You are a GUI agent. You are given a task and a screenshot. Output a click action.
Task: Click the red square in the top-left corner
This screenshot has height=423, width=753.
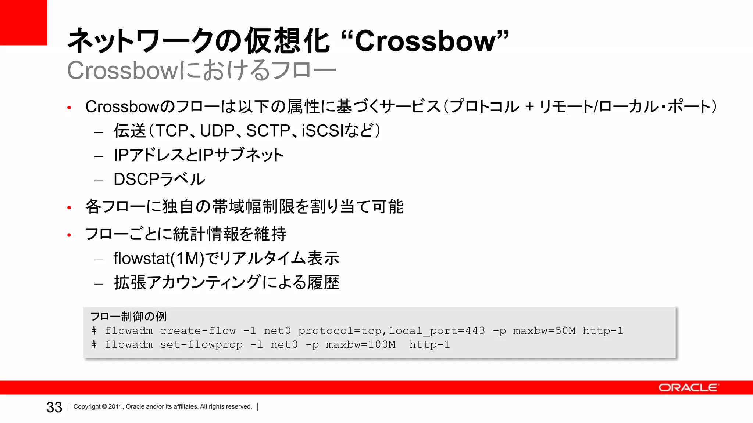click(x=24, y=22)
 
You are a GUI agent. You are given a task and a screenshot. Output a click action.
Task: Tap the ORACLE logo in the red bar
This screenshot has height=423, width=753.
click(x=688, y=388)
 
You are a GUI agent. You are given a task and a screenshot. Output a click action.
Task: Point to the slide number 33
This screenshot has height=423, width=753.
click(x=54, y=407)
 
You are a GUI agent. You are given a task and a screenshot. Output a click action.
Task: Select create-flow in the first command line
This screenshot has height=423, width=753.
click(x=198, y=331)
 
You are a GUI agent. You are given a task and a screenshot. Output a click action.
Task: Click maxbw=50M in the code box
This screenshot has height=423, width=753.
click(x=544, y=331)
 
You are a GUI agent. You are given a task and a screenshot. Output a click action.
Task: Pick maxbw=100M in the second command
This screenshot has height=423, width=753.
click(x=361, y=345)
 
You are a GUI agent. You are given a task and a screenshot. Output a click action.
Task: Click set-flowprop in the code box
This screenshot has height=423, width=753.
click(x=201, y=345)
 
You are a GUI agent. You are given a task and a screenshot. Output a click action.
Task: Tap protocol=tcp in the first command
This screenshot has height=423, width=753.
click(x=339, y=331)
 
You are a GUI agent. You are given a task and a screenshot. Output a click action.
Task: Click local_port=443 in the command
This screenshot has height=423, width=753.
click(x=437, y=331)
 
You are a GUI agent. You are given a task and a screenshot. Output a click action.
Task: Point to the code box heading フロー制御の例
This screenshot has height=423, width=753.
click(x=128, y=316)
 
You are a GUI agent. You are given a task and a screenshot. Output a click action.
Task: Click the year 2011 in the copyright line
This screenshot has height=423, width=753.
click(x=115, y=407)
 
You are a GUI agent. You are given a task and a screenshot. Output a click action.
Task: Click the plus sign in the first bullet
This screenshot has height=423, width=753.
click(x=529, y=107)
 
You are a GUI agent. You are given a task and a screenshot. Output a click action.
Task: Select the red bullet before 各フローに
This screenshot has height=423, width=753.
click(x=69, y=208)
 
